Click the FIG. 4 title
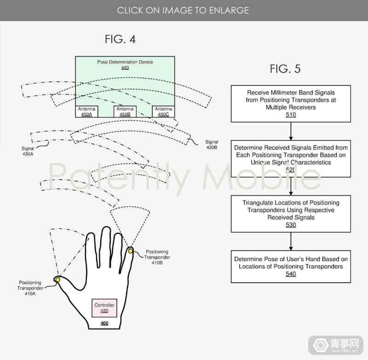[120, 39]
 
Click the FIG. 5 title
[285, 69]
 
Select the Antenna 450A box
[86, 112]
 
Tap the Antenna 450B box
[125, 112]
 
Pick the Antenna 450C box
[163, 112]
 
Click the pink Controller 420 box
[104, 308]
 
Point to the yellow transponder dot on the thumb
[57, 280]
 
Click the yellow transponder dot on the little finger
[130, 251]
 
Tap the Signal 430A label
[28, 151]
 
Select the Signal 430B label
[212, 144]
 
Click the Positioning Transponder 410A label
[30, 288]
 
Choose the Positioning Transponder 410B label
[157, 257]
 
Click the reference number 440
[125, 68]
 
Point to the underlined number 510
[291, 114]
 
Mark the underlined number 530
[291, 225]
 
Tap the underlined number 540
[291, 274]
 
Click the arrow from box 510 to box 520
[291, 131]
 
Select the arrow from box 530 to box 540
[291, 241]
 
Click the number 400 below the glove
[104, 323]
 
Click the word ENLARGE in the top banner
[229, 10]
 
